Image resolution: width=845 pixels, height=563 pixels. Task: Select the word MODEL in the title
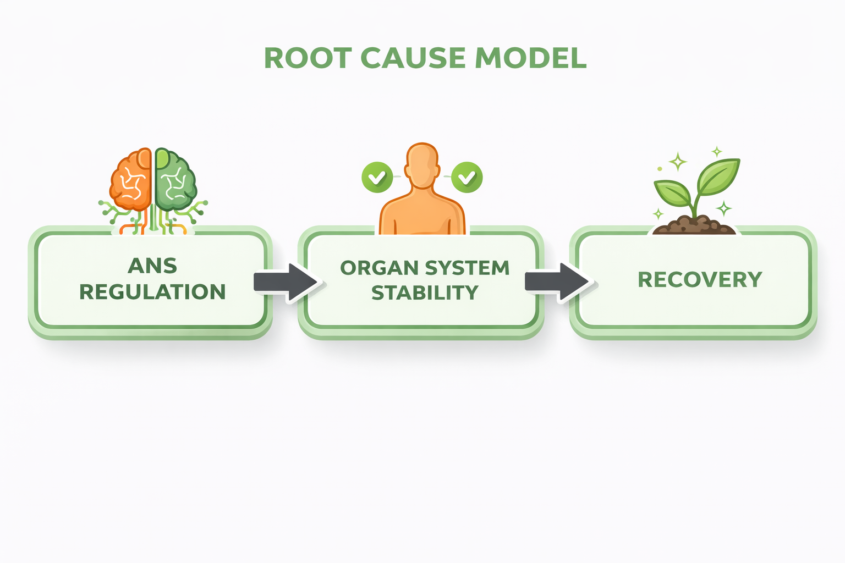530,58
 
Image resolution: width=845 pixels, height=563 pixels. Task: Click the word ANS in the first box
152,266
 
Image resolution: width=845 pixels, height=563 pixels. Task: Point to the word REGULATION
152,292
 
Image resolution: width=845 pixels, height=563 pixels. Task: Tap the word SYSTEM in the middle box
468,268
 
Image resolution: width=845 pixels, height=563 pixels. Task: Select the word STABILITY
425,293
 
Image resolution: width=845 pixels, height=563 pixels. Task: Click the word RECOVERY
700,280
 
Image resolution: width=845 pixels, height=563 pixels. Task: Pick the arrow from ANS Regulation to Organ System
286,282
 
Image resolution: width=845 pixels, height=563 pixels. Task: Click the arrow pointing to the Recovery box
558,281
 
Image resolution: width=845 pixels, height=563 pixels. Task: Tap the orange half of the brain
131,181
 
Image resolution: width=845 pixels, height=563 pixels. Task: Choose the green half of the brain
175,181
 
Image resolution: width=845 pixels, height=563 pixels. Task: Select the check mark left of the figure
377,178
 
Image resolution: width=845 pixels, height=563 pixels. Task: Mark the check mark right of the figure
467,178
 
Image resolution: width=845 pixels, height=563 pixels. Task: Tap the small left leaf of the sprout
672,192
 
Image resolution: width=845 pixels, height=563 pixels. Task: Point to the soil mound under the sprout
694,225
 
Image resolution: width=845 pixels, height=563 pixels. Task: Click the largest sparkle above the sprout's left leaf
678,162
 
